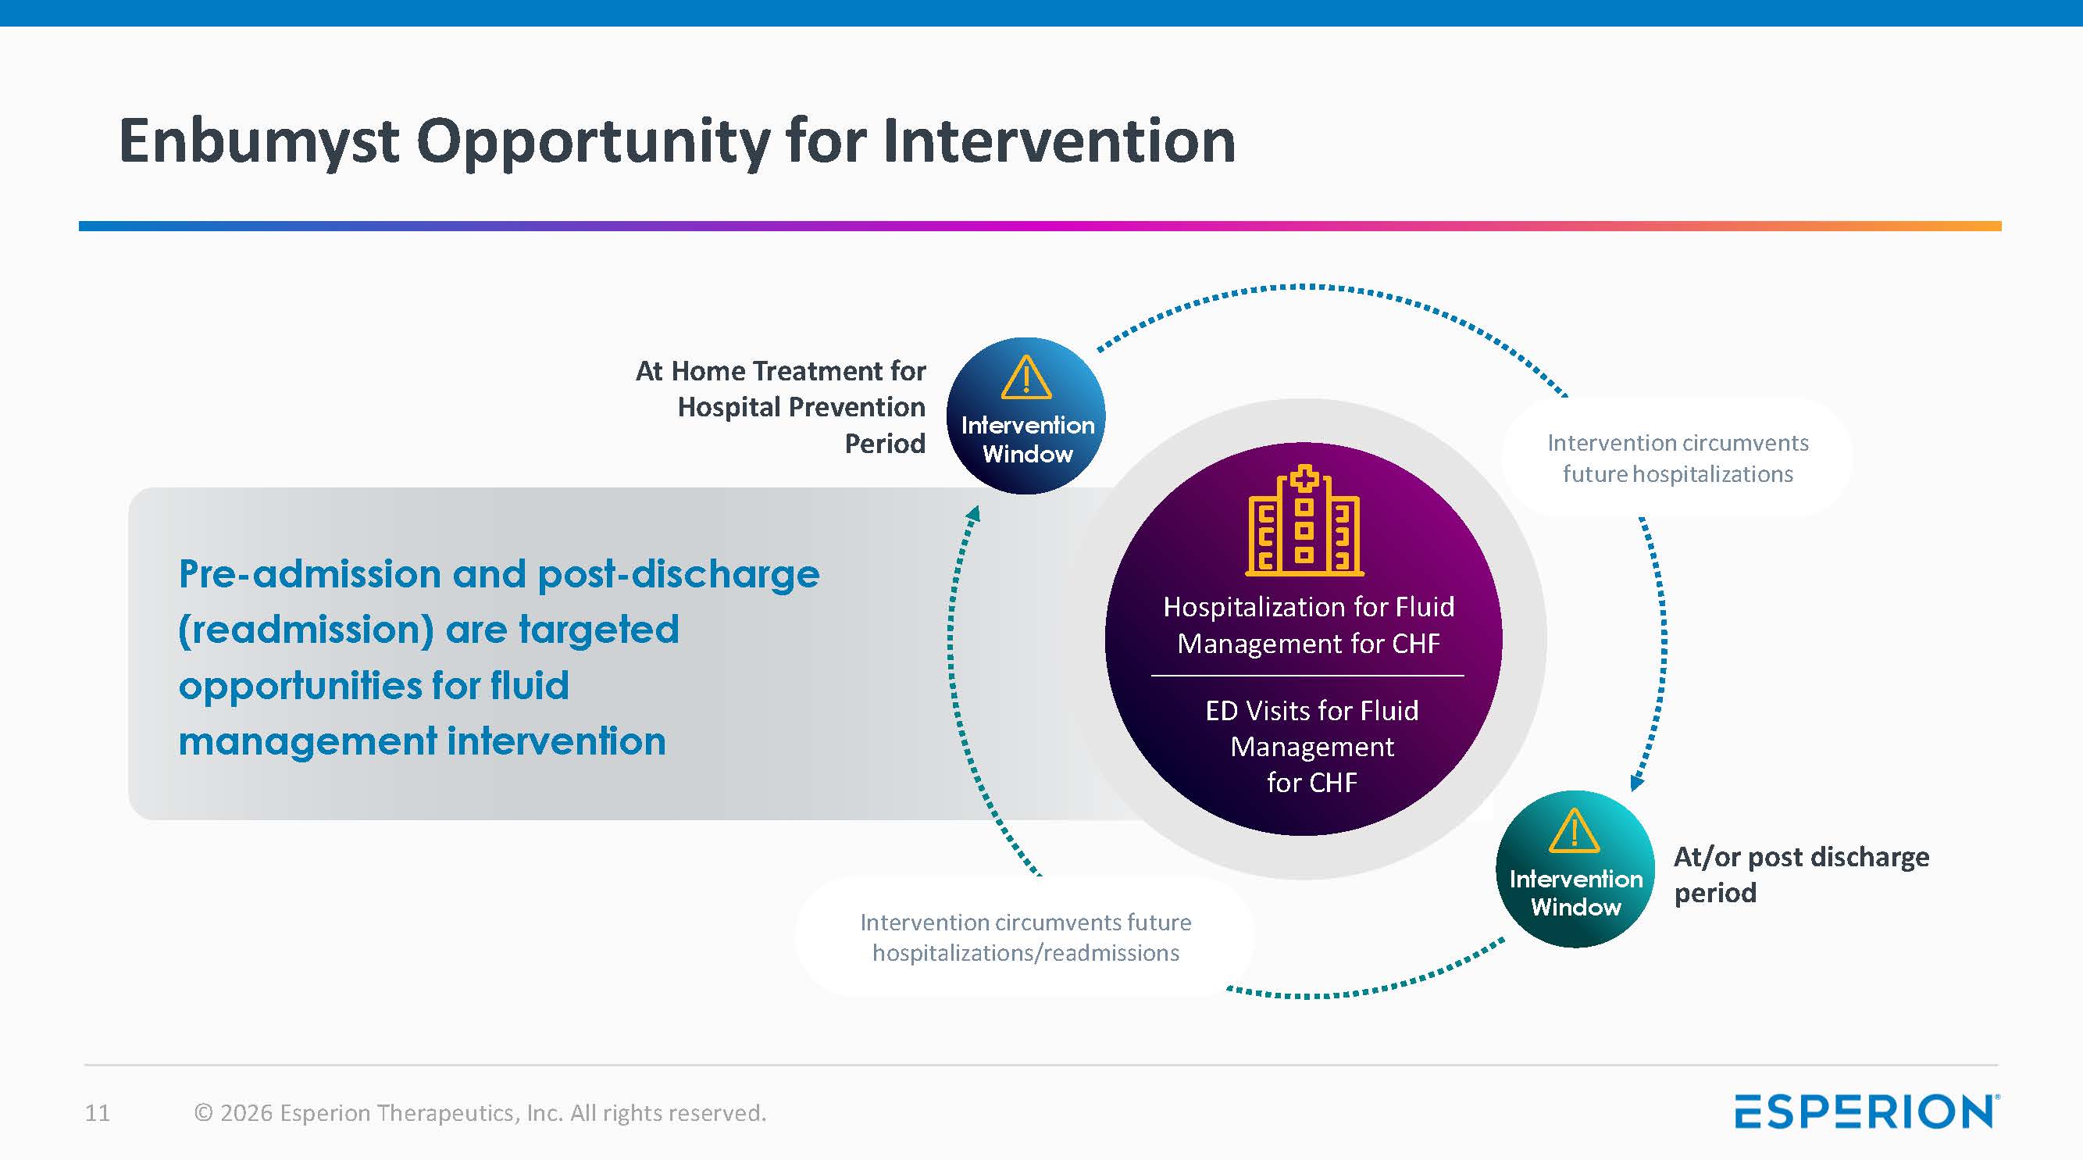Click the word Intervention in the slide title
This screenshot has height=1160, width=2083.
pyautogui.click(x=1059, y=141)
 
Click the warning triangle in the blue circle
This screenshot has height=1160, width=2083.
pyautogui.click(x=1026, y=379)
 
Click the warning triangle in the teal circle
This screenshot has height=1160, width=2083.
pyautogui.click(x=1575, y=832)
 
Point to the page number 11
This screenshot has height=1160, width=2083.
pyautogui.click(x=97, y=1113)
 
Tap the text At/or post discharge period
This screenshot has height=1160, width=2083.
pyautogui.click(x=1800, y=874)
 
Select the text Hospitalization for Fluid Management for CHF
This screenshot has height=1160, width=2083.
pyautogui.click(x=1308, y=624)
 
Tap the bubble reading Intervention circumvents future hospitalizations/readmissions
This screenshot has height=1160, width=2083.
pyautogui.click(x=1025, y=937)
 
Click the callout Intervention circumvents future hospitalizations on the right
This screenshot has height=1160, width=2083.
pyautogui.click(x=1678, y=458)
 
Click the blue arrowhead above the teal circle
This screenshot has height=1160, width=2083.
pyautogui.click(x=1637, y=782)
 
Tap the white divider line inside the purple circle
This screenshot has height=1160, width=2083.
pyautogui.click(x=1307, y=676)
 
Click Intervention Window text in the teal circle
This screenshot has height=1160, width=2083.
pyautogui.click(x=1575, y=893)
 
